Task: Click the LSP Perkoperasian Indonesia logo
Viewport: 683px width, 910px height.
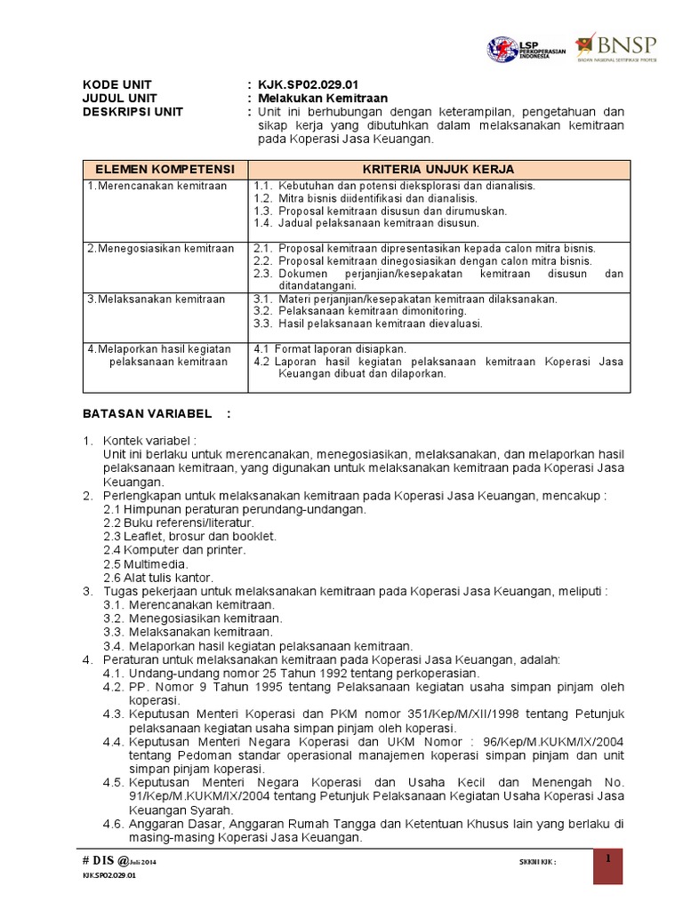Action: (x=526, y=49)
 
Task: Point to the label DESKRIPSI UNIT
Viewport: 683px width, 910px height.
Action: (x=133, y=112)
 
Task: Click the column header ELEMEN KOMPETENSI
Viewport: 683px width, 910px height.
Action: (x=165, y=169)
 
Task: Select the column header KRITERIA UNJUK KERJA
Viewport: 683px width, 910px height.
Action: (x=438, y=169)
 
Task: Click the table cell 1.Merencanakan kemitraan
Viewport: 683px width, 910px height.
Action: (x=157, y=186)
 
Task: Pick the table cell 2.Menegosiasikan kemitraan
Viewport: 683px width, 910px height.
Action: (x=161, y=248)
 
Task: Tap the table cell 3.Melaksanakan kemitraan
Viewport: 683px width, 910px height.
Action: (x=157, y=299)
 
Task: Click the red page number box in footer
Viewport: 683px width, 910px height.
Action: (x=609, y=866)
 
